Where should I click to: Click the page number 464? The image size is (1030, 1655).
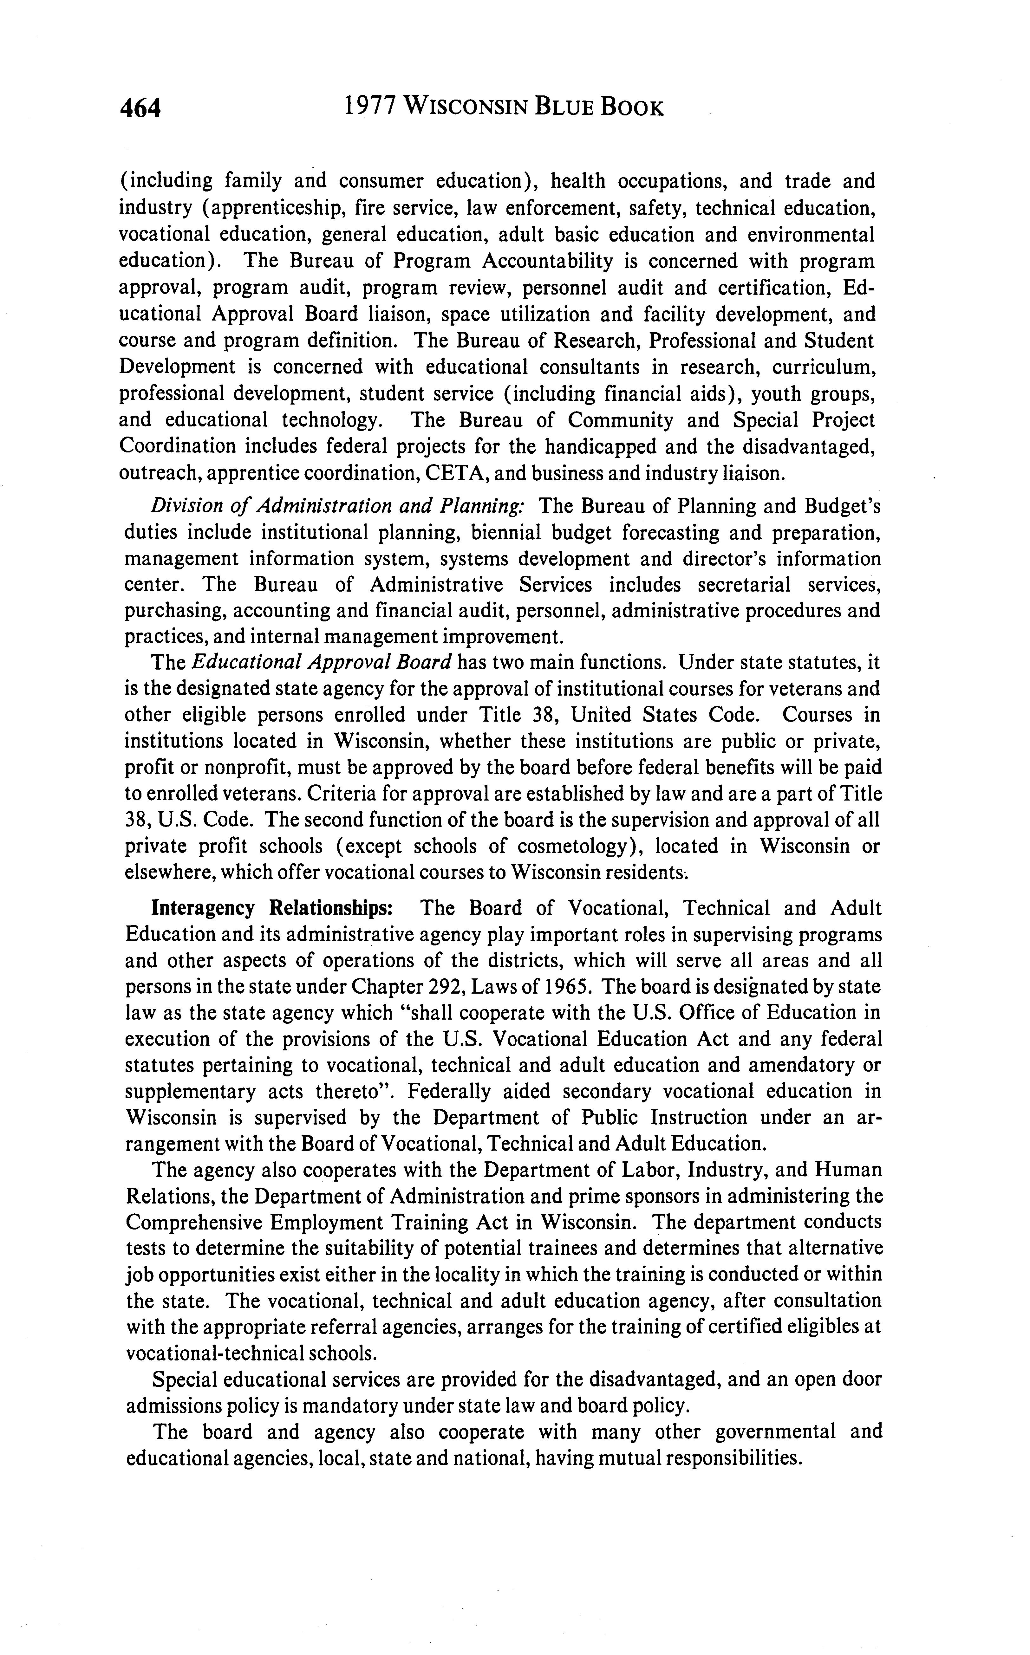coord(140,108)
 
